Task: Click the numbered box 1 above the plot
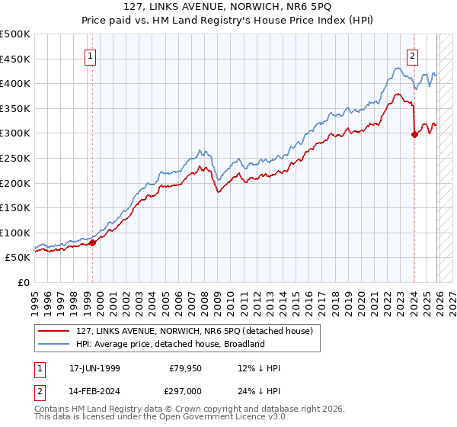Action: [90, 56]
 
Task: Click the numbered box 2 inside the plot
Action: [412, 56]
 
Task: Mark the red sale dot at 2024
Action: [414, 135]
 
